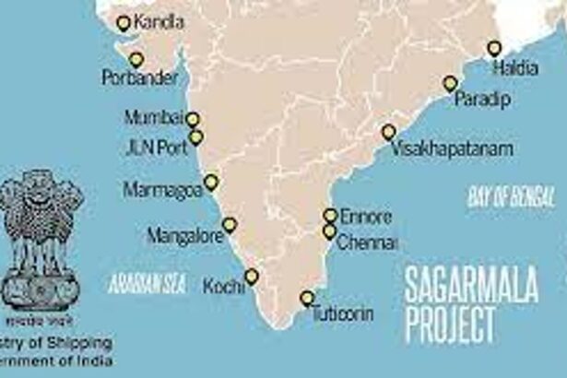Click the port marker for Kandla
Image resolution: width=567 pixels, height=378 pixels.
(124, 23)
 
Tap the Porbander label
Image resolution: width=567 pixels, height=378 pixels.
(138, 79)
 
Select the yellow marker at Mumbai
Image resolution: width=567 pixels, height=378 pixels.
(193, 119)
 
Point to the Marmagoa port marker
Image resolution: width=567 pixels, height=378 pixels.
(211, 183)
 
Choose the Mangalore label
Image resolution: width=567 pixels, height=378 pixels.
(184, 237)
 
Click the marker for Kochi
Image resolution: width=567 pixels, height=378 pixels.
(251, 277)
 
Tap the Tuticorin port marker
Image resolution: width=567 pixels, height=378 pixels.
(307, 299)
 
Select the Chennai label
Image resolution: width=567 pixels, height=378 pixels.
(367, 243)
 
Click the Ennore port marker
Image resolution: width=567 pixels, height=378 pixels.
(329, 215)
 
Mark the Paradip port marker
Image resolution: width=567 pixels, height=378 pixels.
(450, 84)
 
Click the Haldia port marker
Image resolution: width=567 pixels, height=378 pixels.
(495, 48)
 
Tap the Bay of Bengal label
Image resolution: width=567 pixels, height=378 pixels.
(511, 195)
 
